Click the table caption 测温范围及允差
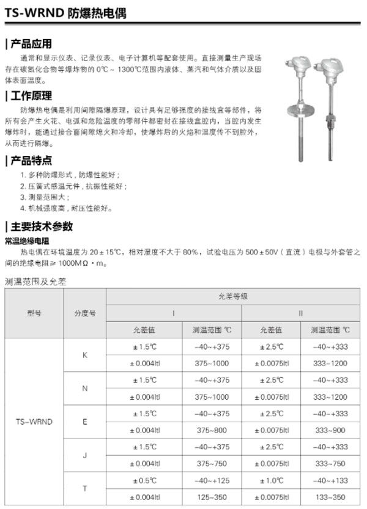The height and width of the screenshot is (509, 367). point(35,282)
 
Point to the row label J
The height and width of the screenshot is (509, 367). point(85,455)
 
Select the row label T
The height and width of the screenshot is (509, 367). point(85,489)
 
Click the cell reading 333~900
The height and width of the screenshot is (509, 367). point(330,430)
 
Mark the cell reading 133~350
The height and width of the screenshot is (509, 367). point(330,497)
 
